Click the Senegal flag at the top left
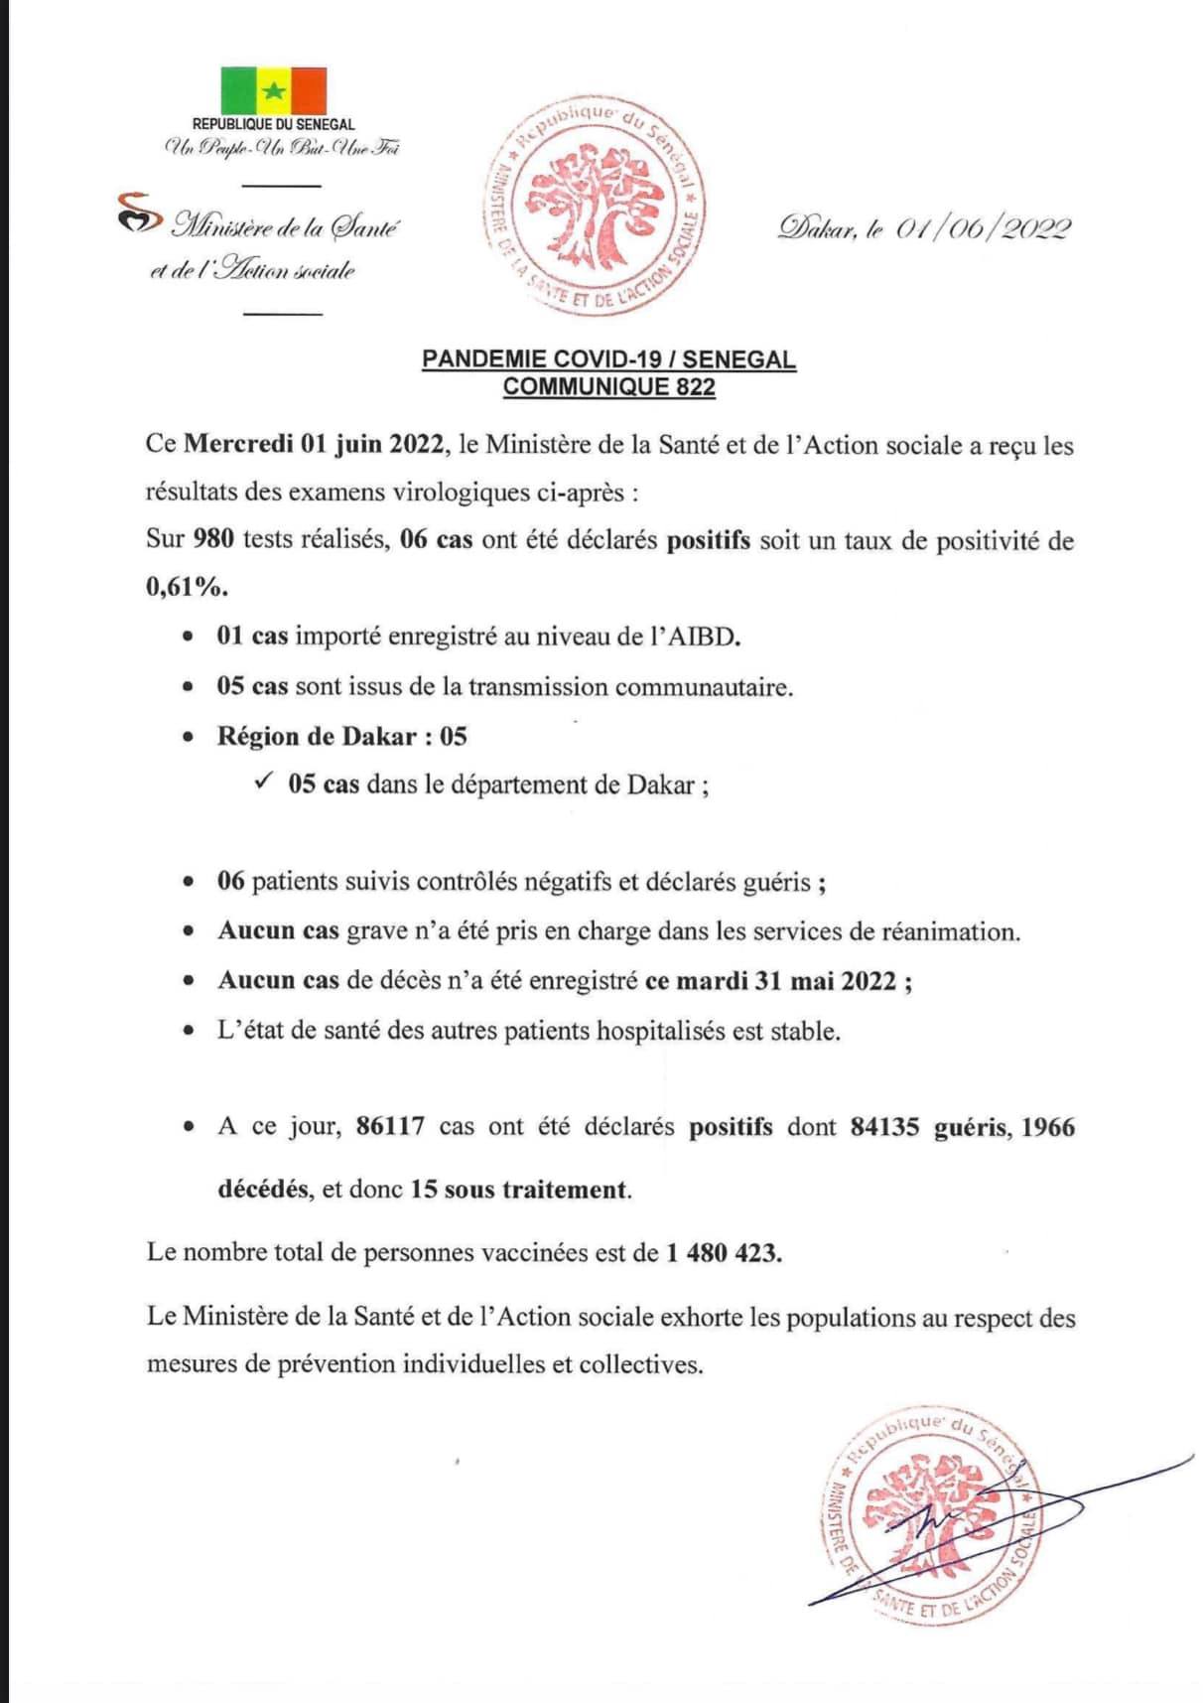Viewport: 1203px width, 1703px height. tap(273, 90)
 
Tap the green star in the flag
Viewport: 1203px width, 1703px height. tap(274, 91)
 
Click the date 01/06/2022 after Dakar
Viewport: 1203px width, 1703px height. tap(983, 229)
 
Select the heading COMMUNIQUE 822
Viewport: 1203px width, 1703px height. tap(608, 386)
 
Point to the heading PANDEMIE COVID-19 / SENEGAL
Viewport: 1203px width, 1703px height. tap(608, 358)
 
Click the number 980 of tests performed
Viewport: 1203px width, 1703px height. tap(213, 540)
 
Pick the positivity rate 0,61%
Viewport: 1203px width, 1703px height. tap(187, 587)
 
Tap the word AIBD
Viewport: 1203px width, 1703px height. tap(704, 637)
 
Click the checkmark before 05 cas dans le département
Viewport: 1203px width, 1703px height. tap(263, 782)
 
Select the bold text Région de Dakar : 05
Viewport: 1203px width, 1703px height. tap(341, 736)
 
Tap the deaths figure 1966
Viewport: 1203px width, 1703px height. tap(1047, 1127)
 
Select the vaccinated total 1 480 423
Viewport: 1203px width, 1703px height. tap(723, 1253)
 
